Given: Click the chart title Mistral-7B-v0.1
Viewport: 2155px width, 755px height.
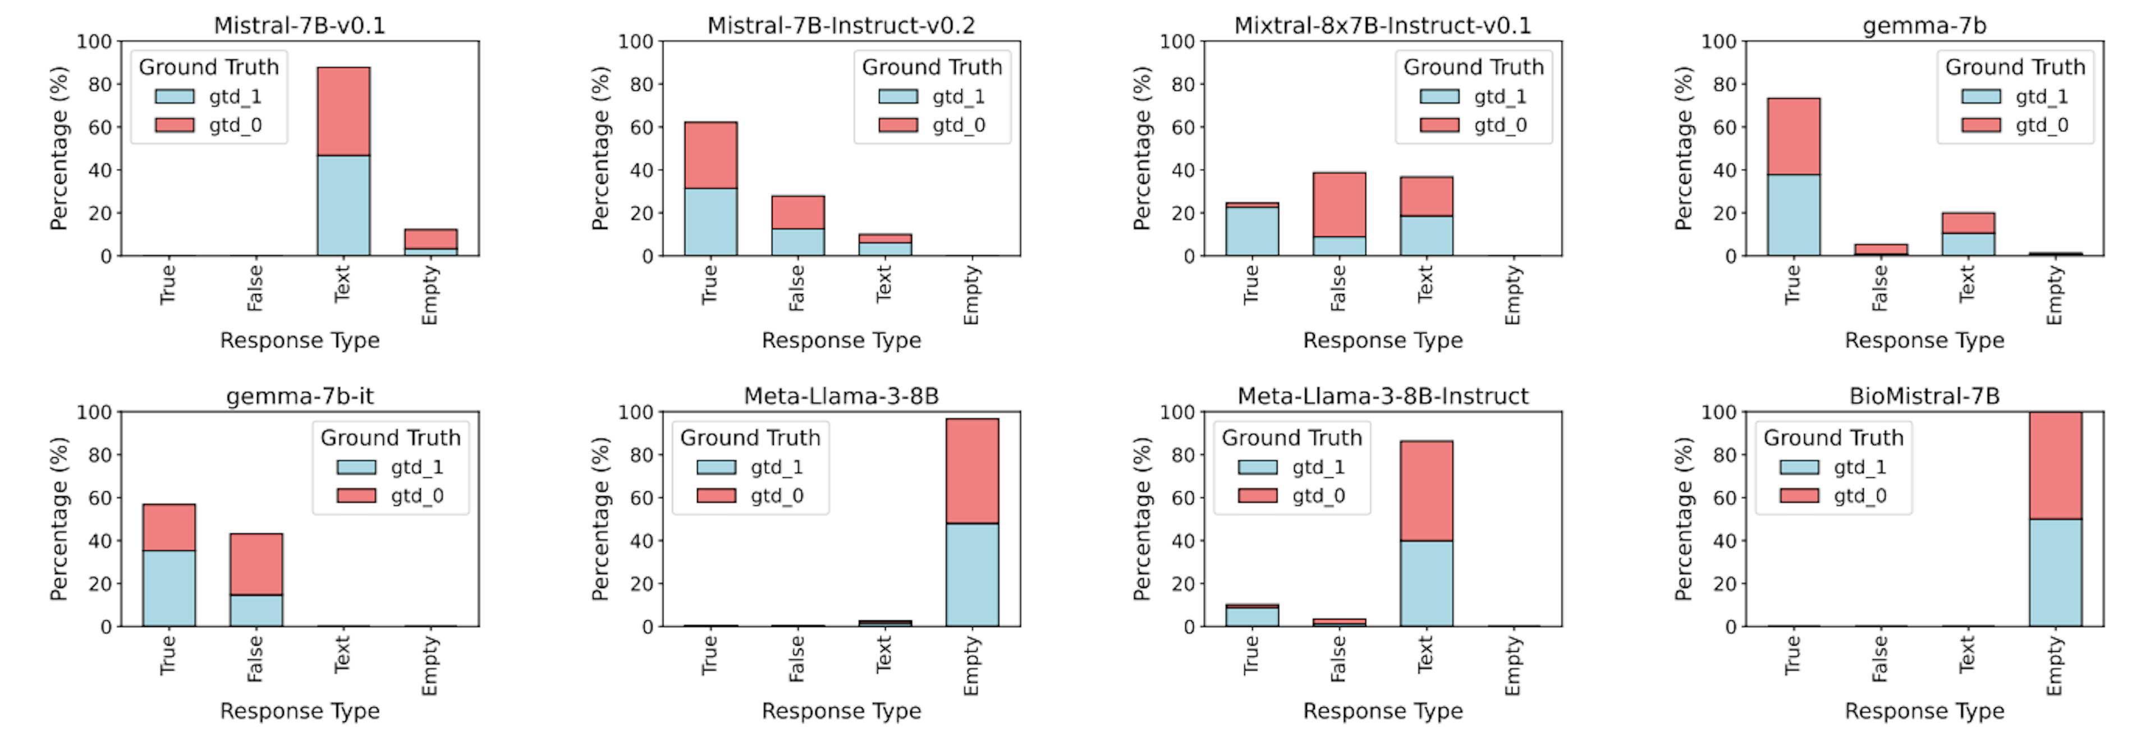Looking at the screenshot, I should [x=300, y=25].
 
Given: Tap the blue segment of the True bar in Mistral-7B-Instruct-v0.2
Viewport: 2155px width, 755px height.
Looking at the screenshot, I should [x=710, y=222].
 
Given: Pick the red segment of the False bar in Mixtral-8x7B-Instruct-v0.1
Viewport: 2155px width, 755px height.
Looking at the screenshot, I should [x=1340, y=204].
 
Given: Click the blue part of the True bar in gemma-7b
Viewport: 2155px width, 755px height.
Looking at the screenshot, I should [x=1794, y=215].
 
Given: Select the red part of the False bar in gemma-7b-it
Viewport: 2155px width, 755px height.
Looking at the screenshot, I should [x=256, y=564].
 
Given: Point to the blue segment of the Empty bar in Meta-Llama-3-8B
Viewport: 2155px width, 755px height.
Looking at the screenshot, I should [x=972, y=574].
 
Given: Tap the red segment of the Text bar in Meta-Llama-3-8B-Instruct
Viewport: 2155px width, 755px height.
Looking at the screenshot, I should [x=1427, y=491].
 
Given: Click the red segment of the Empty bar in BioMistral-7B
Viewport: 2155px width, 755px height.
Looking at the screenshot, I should [x=2056, y=465].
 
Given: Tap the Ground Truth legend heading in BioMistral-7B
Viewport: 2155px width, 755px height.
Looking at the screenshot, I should [x=1833, y=438].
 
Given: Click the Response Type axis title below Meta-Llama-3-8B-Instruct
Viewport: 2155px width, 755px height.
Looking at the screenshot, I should [x=1383, y=711].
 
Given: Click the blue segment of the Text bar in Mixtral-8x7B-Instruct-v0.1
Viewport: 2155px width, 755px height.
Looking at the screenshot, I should [x=1427, y=236].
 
